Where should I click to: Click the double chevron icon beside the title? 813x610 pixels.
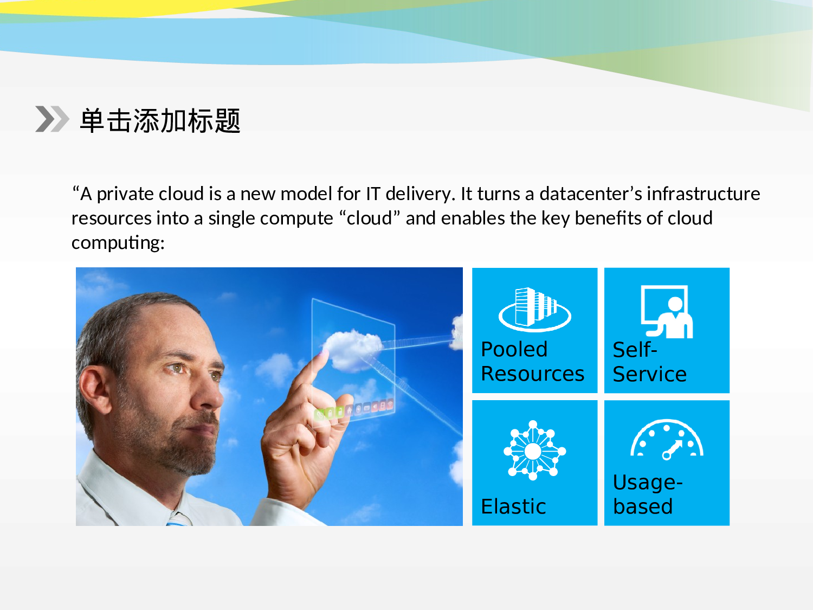click(x=52, y=119)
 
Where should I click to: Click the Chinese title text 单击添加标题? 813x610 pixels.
click(x=160, y=120)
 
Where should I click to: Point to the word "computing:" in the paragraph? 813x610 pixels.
click(x=118, y=242)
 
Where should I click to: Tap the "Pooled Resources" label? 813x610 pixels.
click(x=532, y=362)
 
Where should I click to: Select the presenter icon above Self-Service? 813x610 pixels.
click(x=667, y=311)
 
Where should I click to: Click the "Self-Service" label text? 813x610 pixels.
click(x=649, y=362)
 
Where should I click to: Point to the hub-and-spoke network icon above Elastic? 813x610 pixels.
click(x=534, y=451)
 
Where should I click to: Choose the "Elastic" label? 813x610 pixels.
click(x=513, y=506)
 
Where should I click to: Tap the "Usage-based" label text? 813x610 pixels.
click(x=647, y=494)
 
